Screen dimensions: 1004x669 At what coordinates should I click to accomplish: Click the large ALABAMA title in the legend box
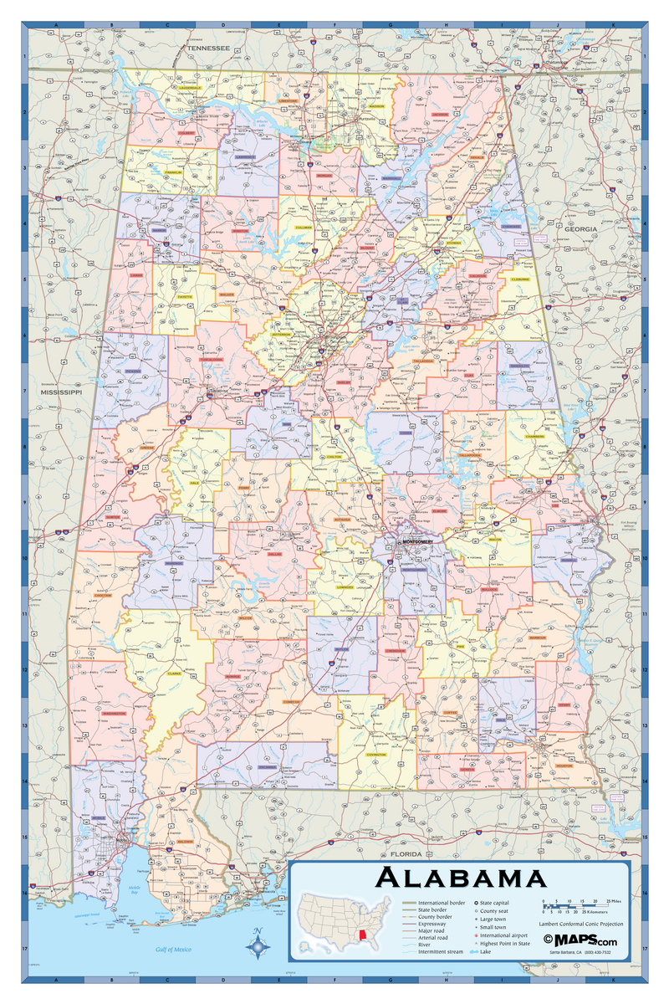point(461,878)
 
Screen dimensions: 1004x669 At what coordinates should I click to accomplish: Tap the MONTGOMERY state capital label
point(418,541)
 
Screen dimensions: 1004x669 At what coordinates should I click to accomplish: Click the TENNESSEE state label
point(208,49)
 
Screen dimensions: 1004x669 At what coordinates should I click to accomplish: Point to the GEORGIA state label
point(580,228)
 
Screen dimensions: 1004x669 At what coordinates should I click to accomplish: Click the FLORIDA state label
point(408,854)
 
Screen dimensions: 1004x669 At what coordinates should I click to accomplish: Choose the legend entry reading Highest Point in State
point(505,943)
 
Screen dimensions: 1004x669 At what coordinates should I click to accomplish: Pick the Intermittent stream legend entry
point(440,951)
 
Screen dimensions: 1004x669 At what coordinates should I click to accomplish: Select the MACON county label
point(494,540)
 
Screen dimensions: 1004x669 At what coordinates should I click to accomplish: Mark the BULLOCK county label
point(489,590)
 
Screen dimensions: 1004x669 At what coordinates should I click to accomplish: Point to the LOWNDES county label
point(345,587)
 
